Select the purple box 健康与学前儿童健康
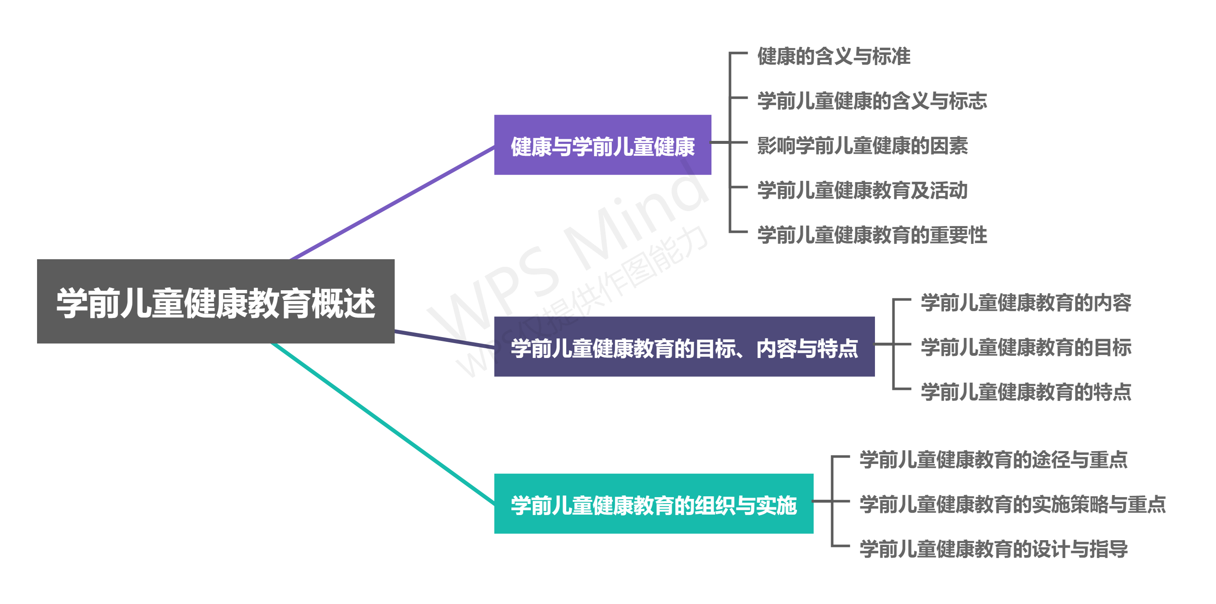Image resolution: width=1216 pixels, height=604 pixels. [602, 145]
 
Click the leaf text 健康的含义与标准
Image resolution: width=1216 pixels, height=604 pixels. [834, 56]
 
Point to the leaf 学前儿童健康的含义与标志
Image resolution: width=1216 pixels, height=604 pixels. [872, 101]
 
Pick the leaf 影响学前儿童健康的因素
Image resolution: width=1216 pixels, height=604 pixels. [863, 145]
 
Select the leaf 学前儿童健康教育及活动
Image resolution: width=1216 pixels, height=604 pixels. [863, 190]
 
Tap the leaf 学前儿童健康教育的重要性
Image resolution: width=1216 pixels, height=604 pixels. [872, 235]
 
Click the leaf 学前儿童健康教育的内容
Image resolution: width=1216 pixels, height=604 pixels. [1026, 303]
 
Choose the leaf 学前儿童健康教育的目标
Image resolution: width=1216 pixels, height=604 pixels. [1026, 347]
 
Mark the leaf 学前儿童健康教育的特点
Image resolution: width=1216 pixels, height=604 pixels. [1026, 392]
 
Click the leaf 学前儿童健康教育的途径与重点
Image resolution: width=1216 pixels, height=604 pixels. [993, 460]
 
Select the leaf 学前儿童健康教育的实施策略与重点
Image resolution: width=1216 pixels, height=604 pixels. [1012, 504]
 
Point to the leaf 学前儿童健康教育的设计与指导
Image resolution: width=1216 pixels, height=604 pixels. [993, 549]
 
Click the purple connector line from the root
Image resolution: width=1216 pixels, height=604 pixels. [392, 203]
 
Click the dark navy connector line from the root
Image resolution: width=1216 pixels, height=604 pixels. [444, 339]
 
